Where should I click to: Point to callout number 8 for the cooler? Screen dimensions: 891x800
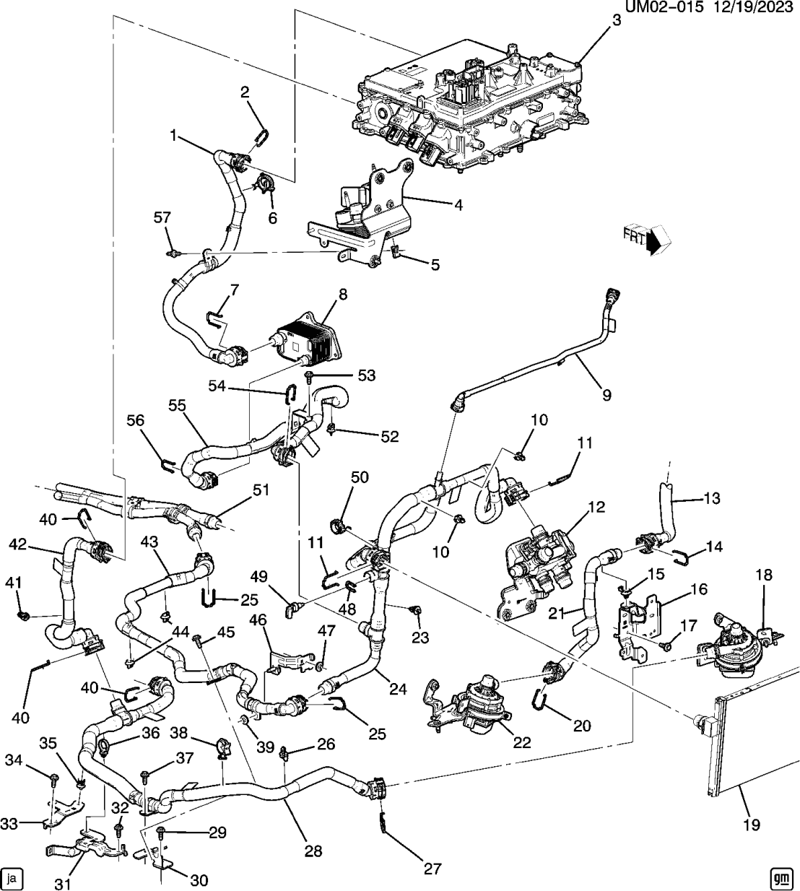pyautogui.click(x=342, y=295)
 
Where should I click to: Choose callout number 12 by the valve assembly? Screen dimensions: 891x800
pyautogui.click(x=595, y=508)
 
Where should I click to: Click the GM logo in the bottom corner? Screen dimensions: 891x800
pyautogui.click(x=778, y=877)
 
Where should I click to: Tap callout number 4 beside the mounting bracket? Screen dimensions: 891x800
pyautogui.click(x=456, y=204)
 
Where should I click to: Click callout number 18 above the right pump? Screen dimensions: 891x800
pyautogui.click(x=764, y=575)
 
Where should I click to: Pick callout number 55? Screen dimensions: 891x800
pyautogui.click(x=178, y=406)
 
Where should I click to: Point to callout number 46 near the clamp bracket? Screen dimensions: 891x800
pyautogui.click(x=258, y=620)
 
